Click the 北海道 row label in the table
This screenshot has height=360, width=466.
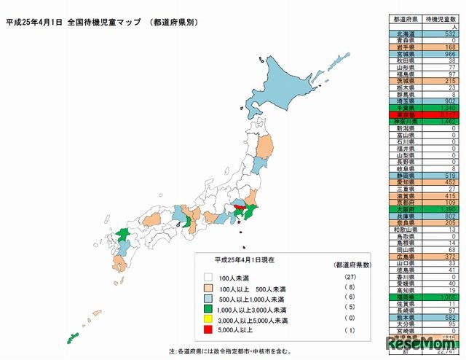pyautogui.click(x=403, y=34)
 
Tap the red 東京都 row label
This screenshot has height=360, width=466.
pyautogui.click(x=403, y=114)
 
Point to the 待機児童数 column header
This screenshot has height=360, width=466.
pyautogui.click(x=435, y=19)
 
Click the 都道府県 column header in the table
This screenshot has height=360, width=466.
pyautogui.click(x=403, y=19)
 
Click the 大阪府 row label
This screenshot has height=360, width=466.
pyautogui.click(x=403, y=208)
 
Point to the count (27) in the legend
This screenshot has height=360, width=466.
pyautogui.click(x=341, y=278)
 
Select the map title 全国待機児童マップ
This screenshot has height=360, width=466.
pyautogui.click(x=105, y=23)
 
